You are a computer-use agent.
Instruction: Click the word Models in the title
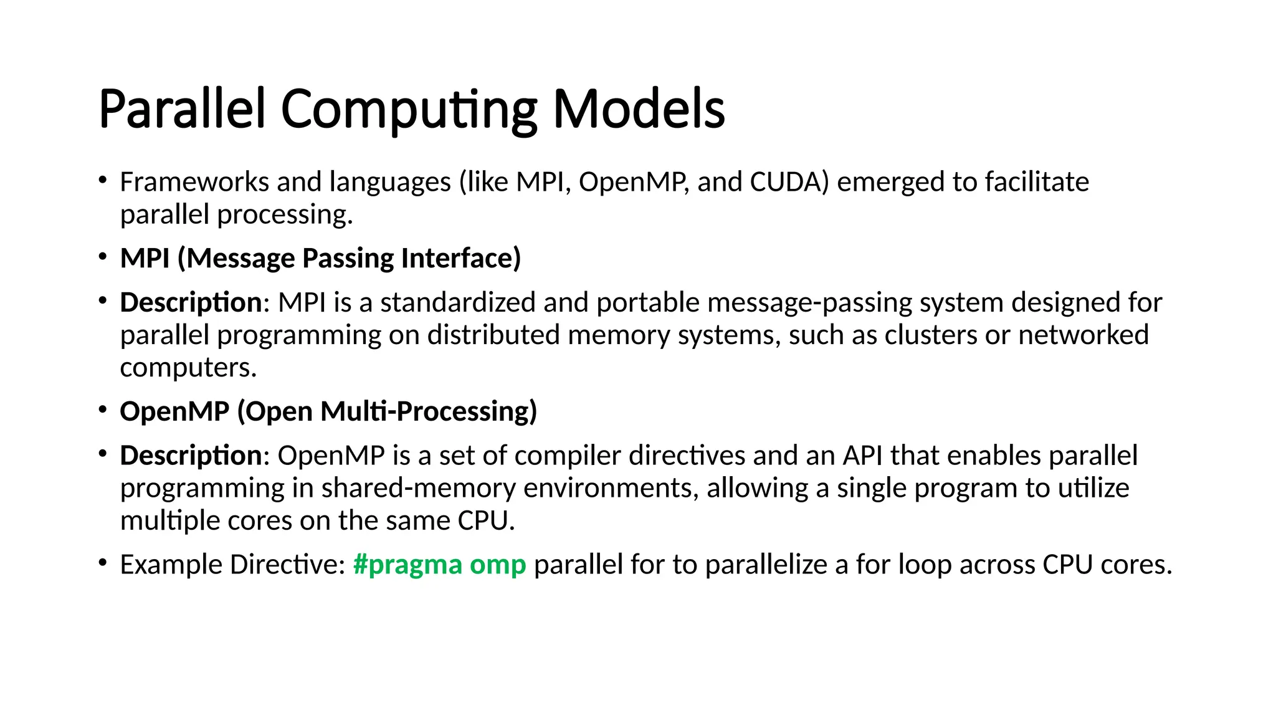tap(639, 109)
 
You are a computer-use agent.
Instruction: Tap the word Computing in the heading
tap(409, 110)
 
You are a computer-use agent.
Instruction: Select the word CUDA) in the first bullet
tap(789, 182)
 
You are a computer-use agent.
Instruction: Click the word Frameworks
tap(194, 182)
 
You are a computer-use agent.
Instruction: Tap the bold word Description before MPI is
tap(191, 303)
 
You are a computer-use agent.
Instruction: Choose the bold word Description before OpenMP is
tap(191, 456)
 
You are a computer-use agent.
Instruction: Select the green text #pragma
tap(407, 565)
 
